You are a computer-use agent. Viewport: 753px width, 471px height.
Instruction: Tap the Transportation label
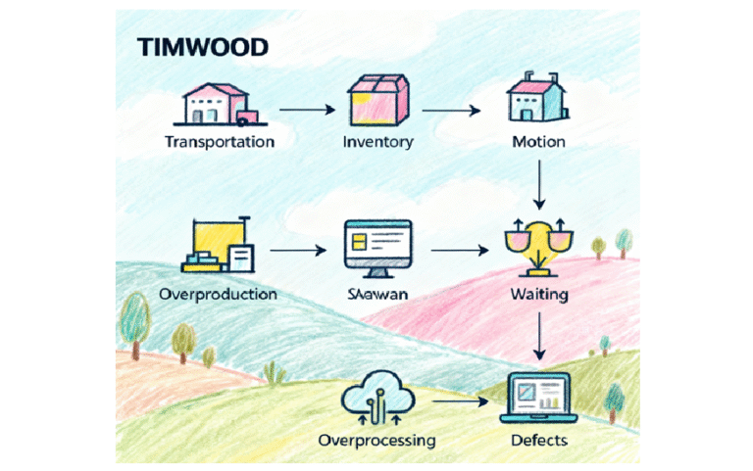pos(219,142)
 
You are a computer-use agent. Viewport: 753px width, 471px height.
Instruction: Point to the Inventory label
pos(377,142)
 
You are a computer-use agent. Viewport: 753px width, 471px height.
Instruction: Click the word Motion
pos(538,142)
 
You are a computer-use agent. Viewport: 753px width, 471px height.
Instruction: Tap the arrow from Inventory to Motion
pos(456,109)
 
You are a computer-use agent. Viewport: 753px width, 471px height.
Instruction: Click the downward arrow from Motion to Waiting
pos(538,184)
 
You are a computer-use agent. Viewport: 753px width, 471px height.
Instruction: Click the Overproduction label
pos(220,294)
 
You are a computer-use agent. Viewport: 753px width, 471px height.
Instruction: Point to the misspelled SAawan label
pos(377,294)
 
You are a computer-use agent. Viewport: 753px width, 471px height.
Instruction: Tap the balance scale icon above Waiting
pos(537,247)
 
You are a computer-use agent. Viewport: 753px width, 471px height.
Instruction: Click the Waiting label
pos(538,294)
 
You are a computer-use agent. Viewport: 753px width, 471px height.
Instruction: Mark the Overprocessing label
pos(377,441)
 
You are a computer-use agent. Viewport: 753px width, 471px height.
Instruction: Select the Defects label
pos(538,441)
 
